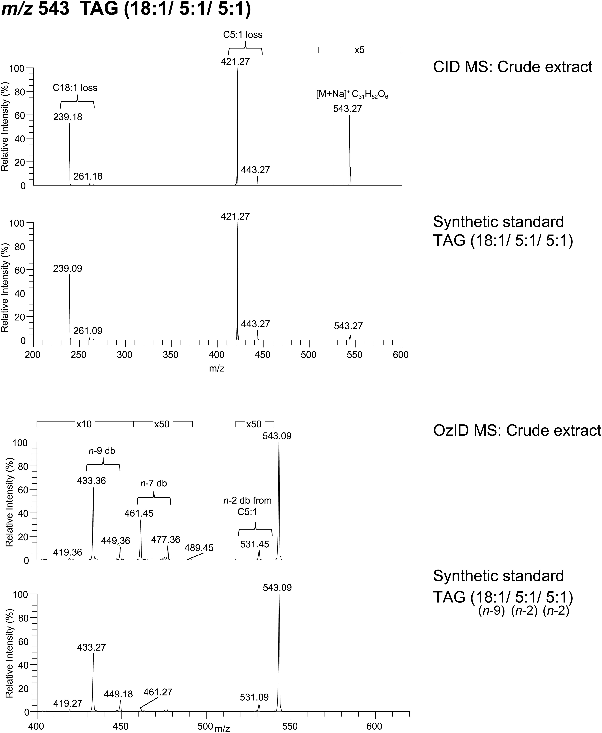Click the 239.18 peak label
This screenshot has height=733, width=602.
click(x=68, y=117)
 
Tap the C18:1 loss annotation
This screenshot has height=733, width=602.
click(x=75, y=88)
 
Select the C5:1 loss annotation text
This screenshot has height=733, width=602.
click(x=243, y=35)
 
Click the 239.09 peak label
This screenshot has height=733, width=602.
click(x=68, y=269)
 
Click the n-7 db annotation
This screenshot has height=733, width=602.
click(x=154, y=483)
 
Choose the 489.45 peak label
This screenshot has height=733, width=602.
click(x=199, y=548)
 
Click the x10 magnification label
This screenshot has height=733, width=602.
click(x=84, y=424)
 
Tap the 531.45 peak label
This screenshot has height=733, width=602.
click(x=255, y=544)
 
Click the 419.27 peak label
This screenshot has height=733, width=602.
click(x=68, y=694)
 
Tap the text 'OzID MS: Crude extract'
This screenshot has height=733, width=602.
click(x=517, y=431)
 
